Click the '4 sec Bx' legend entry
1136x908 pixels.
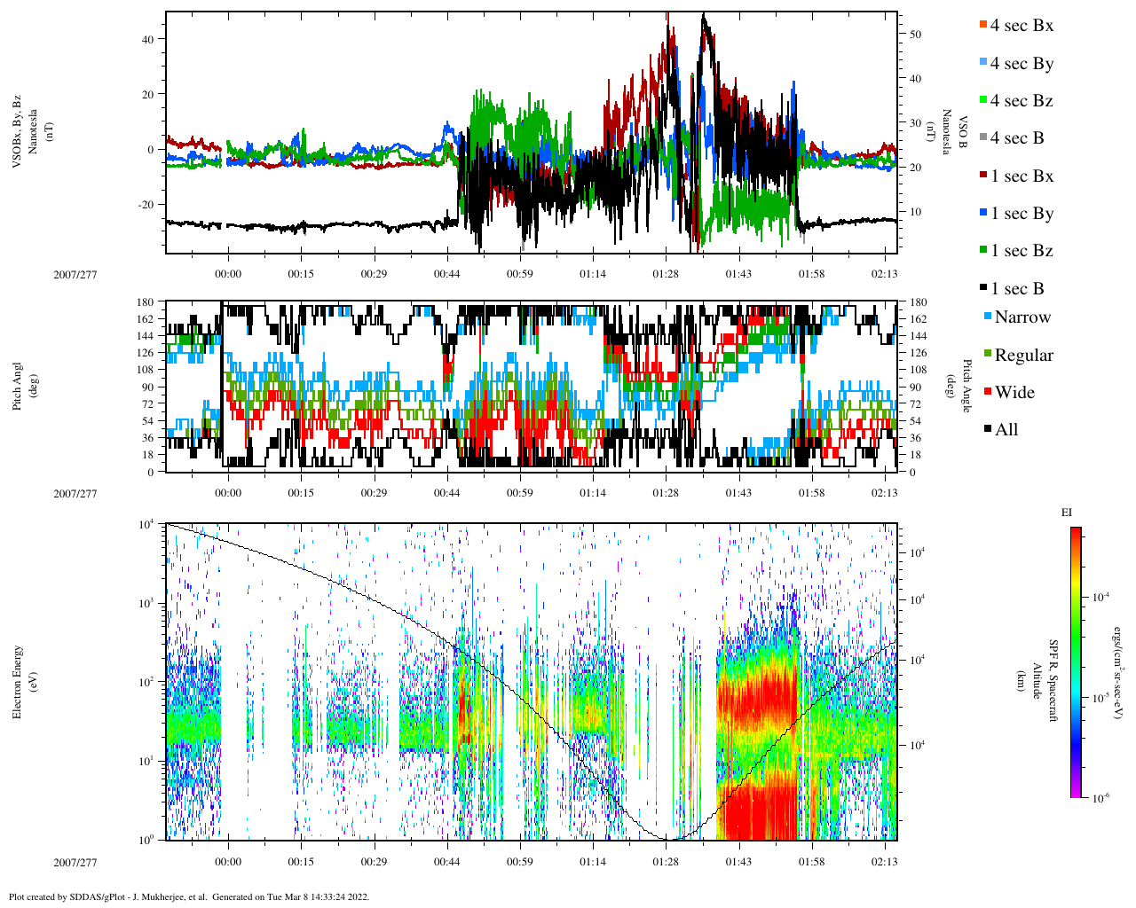(x=1022, y=26)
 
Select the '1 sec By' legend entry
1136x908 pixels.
(x=1022, y=214)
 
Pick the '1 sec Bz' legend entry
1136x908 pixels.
(x=1022, y=251)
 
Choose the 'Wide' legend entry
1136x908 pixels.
(x=1014, y=393)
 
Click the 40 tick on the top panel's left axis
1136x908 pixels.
(x=147, y=39)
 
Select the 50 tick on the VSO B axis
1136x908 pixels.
(x=915, y=35)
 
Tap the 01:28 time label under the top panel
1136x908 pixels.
(x=666, y=274)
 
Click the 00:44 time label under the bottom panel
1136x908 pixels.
(x=447, y=863)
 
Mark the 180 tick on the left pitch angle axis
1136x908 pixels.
(x=145, y=302)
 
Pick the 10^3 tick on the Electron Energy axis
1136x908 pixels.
(x=148, y=603)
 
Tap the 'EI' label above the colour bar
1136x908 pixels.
(x=1067, y=513)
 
